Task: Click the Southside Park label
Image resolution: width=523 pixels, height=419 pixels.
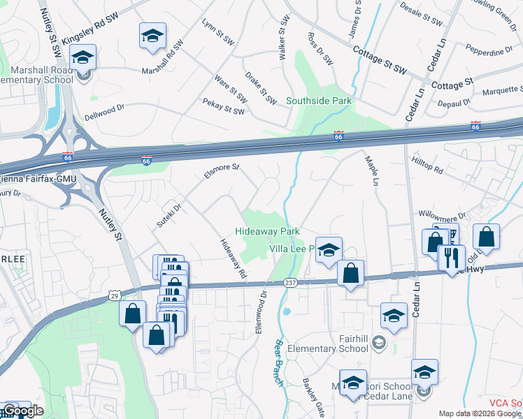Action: click(x=318, y=101)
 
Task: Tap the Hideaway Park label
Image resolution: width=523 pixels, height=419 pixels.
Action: click(x=267, y=231)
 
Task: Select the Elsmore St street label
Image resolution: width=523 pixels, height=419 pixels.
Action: click(x=222, y=171)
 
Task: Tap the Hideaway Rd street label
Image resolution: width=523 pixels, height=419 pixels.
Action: click(x=234, y=259)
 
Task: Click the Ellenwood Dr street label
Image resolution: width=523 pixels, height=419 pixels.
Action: click(x=263, y=312)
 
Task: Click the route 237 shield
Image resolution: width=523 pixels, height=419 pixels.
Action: click(x=292, y=283)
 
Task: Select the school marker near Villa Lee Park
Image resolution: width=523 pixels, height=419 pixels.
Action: click(x=329, y=250)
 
